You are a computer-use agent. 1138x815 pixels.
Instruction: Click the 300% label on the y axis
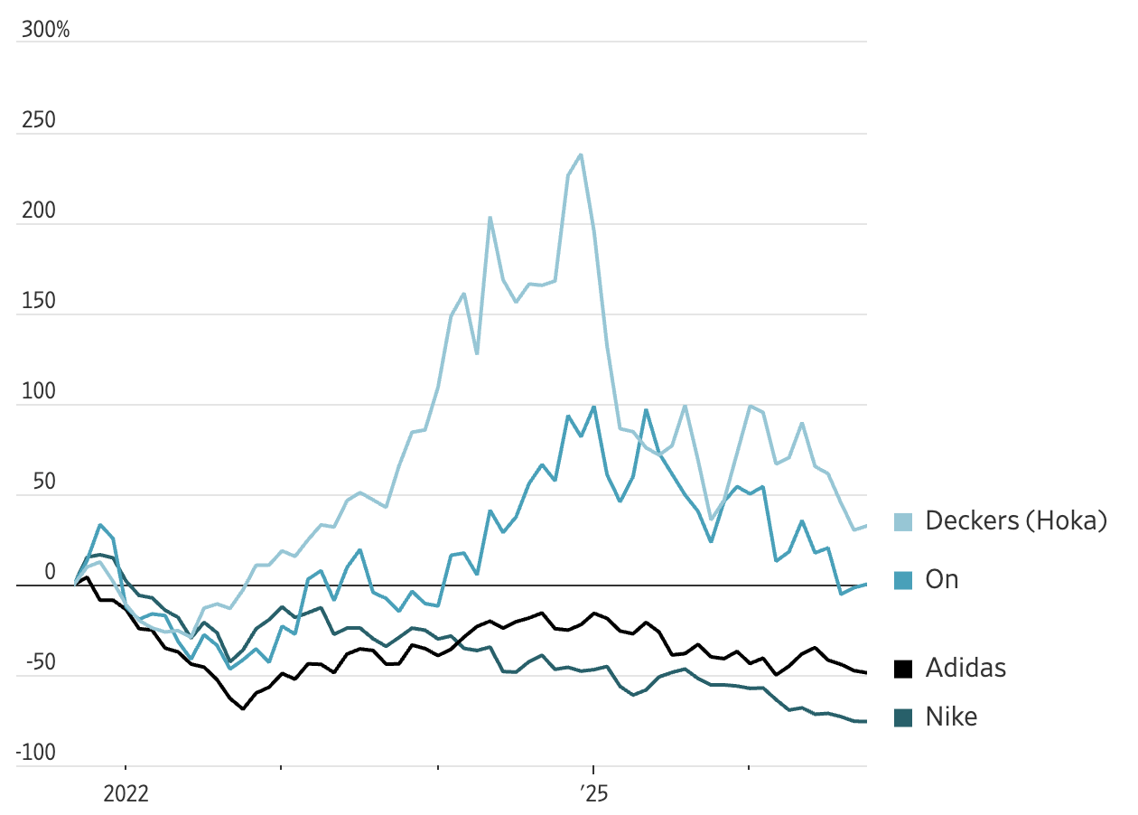click(x=45, y=30)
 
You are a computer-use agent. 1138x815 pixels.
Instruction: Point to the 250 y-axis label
click(x=39, y=120)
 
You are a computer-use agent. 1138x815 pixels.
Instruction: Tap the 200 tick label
click(x=39, y=211)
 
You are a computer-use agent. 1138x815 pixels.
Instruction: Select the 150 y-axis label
click(x=39, y=301)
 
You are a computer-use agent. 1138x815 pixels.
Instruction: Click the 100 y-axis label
click(x=39, y=391)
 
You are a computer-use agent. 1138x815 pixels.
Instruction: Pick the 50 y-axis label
click(x=44, y=482)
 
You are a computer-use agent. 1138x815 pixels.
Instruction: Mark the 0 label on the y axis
click(x=50, y=572)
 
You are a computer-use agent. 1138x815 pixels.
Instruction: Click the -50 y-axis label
click(x=41, y=662)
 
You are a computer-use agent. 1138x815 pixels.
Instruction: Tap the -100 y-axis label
click(x=35, y=753)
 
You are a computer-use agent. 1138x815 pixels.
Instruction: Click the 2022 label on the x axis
click(x=126, y=793)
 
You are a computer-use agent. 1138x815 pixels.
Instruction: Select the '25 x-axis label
click(x=594, y=793)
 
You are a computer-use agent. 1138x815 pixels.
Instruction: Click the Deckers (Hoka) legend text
click(x=1016, y=520)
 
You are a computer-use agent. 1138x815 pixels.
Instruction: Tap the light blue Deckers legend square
click(x=903, y=522)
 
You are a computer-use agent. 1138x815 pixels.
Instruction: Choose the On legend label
click(x=942, y=580)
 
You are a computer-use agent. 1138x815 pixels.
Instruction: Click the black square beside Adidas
click(x=903, y=669)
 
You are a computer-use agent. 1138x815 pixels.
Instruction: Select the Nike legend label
click(x=951, y=717)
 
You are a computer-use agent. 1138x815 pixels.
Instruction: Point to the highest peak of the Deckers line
click(x=581, y=155)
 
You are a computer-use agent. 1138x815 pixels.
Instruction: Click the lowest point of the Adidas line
click(x=243, y=708)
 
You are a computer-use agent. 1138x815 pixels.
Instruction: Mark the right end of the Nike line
click(x=865, y=722)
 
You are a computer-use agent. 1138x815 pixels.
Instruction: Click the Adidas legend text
click(x=965, y=668)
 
